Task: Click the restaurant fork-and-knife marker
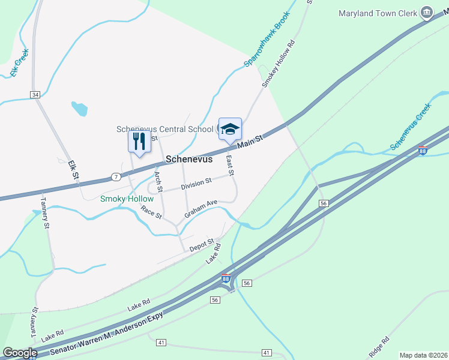click(139, 142)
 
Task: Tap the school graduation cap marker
click(230, 128)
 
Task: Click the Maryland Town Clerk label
click(378, 13)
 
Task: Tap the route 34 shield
click(35, 95)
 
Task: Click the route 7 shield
click(115, 177)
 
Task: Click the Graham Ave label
click(200, 209)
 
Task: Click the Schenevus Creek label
click(411, 127)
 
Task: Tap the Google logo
click(20, 353)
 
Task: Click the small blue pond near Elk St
click(79, 109)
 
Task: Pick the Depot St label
click(202, 245)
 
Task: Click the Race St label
click(151, 212)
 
